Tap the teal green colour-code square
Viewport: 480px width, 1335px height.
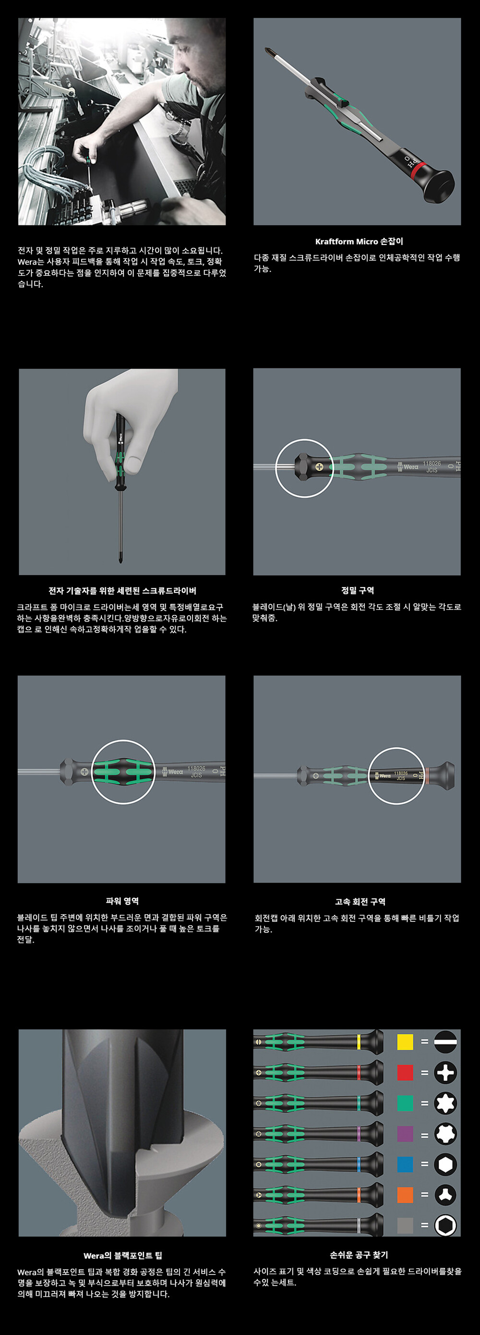click(x=405, y=1103)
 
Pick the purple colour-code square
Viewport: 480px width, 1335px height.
click(x=405, y=1134)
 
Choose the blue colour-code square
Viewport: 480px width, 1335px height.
click(x=405, y=1164)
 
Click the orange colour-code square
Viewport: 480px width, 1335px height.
click(x=405, y=1195)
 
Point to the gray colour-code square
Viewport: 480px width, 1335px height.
click(x=405, y=1225)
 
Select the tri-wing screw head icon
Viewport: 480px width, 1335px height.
click(x=445, y=1195)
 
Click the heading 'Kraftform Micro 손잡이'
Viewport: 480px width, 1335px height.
click(x=359, y=242)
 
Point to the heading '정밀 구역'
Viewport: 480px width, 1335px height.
click(x=357, y=590)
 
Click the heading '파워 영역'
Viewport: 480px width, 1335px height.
click(x=122, y=901)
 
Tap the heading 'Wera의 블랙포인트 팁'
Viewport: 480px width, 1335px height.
click(x=123, y=1256)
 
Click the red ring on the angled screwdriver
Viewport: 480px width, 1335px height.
click(x=419, y=171)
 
